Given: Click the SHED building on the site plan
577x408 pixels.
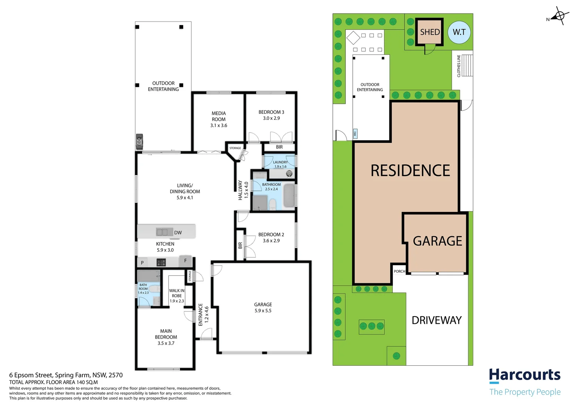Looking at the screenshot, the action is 429,32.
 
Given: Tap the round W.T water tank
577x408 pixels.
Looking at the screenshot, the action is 459,32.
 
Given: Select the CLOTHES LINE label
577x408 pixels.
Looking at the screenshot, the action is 458,66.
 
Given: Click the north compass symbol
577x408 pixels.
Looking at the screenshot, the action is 559,16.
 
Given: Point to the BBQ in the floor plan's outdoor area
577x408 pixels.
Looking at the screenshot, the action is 139,142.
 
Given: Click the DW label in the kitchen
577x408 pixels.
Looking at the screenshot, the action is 178,232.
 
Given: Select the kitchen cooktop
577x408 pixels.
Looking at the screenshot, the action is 161,263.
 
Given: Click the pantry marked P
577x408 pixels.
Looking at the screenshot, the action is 142,263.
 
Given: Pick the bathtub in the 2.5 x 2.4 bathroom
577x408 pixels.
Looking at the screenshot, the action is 289,195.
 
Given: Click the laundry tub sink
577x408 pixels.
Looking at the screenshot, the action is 289,173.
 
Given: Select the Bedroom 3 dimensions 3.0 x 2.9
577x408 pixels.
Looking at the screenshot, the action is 271,118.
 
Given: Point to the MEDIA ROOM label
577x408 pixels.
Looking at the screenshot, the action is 219,116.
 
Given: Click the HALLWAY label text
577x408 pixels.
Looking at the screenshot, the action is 240,190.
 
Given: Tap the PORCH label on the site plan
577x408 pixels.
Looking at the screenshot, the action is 400,271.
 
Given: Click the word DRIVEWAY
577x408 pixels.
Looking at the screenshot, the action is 437,320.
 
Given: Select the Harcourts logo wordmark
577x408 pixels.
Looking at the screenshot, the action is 525,375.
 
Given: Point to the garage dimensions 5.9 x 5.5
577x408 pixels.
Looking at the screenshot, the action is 263,311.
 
